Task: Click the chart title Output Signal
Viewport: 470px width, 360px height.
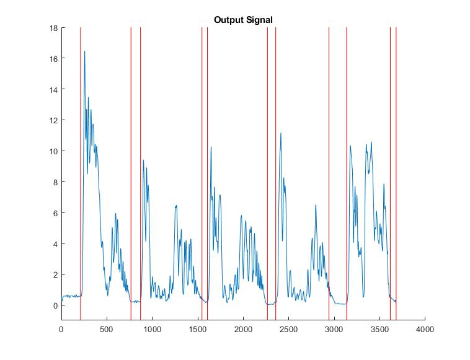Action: pyautogui.click(x=243, y=20)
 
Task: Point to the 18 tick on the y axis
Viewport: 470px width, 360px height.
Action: pyautogui.click(x=53, y=28)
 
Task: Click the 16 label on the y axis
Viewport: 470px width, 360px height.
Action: pyautogui.click(x=53, y=59)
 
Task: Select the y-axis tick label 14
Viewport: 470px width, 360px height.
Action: pyautogui.click(x=53, y=90)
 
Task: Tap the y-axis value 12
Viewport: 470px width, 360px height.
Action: pyautogui.click(x=53, y=120)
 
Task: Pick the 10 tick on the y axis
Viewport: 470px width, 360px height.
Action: pyautogui.click(x=53, y=151)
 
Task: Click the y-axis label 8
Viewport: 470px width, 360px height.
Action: pyautogui.click(x=55, y=182)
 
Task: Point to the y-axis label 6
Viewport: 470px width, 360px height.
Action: pyautogui.click(x=55, y=213)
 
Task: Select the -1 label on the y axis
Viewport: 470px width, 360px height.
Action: pyautogui.click(x=54, y=321)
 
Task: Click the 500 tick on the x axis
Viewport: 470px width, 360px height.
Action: pyautogui.click(x=107, y=330)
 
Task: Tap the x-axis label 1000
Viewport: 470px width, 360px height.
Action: pyautogui.click(x=152, y=330)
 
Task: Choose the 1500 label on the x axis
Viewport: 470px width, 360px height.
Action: pyautogui.click(x=197, y=330)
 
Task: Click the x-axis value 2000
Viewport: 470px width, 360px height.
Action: pyautogui.click(x=243, y=330)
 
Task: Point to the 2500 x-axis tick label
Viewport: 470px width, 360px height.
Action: pyautogui.click(x=288, y=330)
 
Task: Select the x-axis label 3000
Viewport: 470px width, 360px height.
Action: pyautogui.click(x=334, y=330)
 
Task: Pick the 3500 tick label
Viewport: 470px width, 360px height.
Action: pyautogui.click(x=379, y=330)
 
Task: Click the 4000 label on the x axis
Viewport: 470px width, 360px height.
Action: pyautogui.click(x=425, y=330)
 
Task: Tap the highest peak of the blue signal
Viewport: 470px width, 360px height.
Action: pyautogui.click(x=84, y=52)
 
